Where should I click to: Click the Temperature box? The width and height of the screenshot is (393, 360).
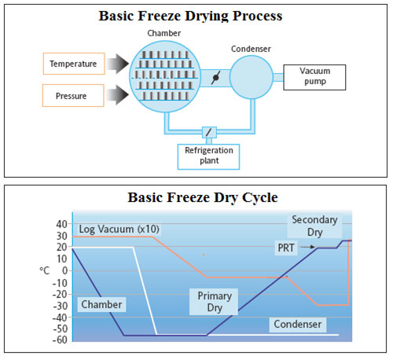coord(74,64)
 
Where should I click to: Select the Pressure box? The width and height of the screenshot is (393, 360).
coord(73,96)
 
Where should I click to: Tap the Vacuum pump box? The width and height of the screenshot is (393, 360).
coord(314,77)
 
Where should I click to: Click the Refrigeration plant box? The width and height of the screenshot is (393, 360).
coord(208,156)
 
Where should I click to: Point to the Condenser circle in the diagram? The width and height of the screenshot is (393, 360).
coord(252,77)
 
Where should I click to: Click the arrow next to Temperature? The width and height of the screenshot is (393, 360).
coord(118,64)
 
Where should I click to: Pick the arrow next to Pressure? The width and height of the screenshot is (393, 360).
coord(118,95)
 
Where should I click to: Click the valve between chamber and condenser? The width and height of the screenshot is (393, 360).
coord(215,78)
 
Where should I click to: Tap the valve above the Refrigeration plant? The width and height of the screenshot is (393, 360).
coord(209,132)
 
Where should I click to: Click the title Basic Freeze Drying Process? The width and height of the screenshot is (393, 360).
coord(190,16)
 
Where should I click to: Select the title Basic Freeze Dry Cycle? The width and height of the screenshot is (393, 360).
coord(203,197)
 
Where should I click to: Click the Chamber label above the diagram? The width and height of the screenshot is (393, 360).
coord(164,33)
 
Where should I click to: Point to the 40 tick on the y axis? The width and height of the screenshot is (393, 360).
coord(62,224)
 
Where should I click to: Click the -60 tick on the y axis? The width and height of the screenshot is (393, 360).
coord(60,340)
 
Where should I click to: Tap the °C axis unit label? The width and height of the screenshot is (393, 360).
coord(45,270)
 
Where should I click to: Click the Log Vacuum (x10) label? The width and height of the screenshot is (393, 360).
coord(119,229)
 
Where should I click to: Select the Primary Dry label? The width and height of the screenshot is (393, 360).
coord(215,302)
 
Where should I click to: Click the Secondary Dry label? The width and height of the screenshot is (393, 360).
coord(314,226)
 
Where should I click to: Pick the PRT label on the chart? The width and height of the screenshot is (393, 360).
coord(286,248)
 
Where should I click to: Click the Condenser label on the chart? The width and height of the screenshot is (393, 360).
coord(298,325)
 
